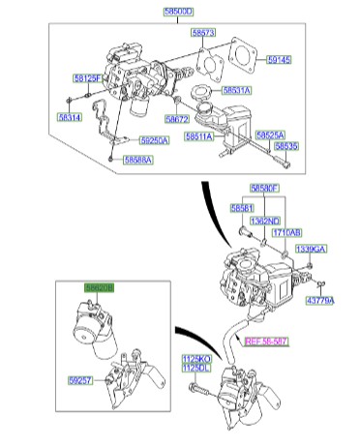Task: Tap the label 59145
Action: [279, 60]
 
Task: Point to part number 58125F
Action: [87, 76]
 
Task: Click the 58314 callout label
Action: [69, 116]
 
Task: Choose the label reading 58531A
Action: [236, 89]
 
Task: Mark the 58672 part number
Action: [177, 119]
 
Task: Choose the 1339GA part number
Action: [311, 250]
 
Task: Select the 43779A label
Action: [319, 301]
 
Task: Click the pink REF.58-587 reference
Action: [266, 342]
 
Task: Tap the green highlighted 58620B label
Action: [99, 288]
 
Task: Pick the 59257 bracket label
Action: [80, 381]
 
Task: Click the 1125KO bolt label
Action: [196, 359]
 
